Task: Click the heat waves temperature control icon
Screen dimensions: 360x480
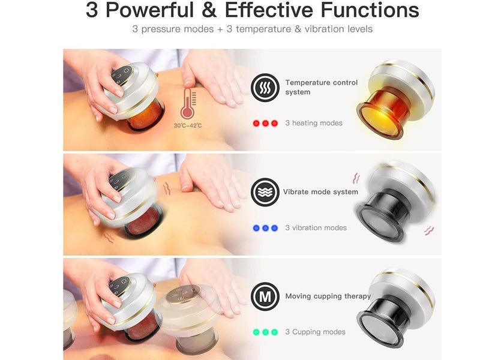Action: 265,88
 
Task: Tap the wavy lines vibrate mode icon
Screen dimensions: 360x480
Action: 265,192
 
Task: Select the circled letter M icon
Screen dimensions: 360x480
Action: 265,296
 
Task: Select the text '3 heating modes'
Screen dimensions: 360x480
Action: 314,123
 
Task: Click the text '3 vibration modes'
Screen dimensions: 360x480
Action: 316,228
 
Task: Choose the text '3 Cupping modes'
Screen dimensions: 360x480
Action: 315,332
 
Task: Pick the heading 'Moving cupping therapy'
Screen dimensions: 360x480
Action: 328,296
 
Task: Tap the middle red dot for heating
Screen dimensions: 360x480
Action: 265,123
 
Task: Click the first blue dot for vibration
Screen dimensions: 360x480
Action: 256,228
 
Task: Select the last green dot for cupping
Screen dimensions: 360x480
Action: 275,332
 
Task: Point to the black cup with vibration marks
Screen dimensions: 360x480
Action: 395,201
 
